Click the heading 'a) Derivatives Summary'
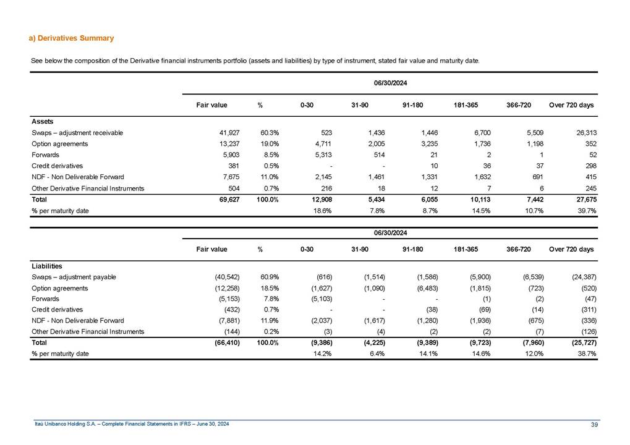pyautogui.click(x=71, y=38)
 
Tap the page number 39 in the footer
pyautogui.click(x=594, y=423)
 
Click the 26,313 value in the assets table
pyautogui.click(x=581, y=133)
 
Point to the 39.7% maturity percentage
pyautogui.click(x=584, y=211)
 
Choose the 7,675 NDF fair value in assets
pyautogui.click(x=218, y=177)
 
